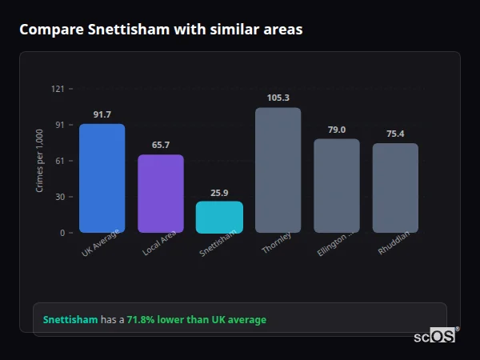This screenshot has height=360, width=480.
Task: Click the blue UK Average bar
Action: tap(102, 178)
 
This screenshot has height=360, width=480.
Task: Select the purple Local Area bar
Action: tap(161, 193)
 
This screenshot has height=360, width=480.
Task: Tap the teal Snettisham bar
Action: tap(219, 217)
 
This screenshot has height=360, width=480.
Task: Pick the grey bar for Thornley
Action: tap(278, 170)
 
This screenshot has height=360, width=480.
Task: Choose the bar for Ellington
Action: tap(336, 186)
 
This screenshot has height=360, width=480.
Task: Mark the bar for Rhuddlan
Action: tap(395, 188)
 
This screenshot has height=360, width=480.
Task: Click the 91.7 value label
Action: tap(102, 114)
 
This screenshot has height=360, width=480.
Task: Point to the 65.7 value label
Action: tap(161, 145)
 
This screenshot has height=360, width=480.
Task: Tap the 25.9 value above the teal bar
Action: tap(219, 192)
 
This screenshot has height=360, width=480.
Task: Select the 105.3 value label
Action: tap(278, 98)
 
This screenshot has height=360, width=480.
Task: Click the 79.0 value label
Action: tap(336, 130)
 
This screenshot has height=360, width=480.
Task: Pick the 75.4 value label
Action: tap(395, 134)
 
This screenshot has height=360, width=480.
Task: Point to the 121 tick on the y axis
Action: tap(58, 89)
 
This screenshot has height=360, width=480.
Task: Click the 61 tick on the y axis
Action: tap(59, 161)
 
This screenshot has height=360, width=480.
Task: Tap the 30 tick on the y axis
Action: tap(59, 197)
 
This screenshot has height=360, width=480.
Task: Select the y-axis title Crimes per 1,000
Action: tap(39, 161)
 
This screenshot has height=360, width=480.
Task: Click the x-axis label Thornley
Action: tap(277, 243)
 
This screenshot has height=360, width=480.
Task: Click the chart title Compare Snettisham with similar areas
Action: tap(161, 30)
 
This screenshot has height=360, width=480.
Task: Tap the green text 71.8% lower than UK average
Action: tap(196, 320)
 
